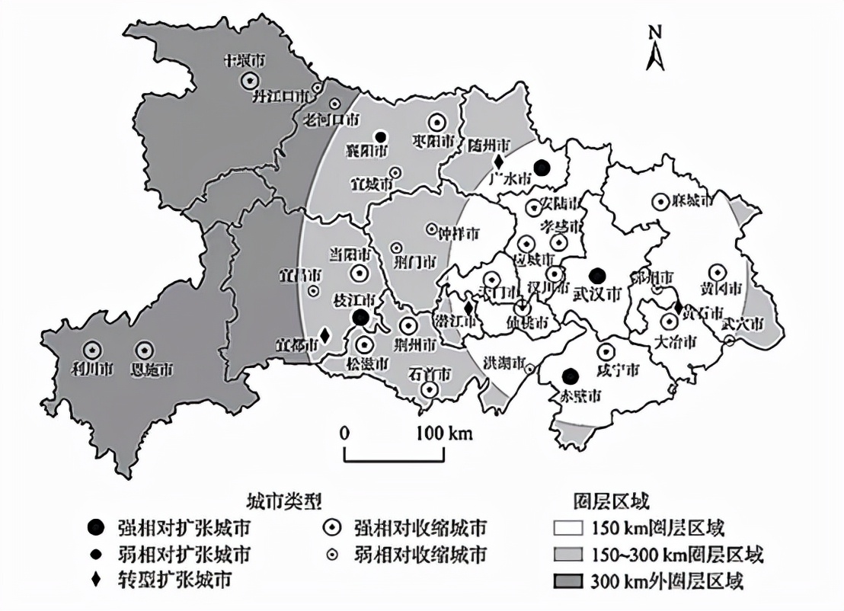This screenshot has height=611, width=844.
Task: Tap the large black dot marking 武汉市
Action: (598, 274)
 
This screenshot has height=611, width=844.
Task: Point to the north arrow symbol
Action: (654, 50)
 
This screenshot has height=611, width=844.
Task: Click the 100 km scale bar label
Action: (444, 433)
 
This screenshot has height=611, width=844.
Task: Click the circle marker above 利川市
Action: (92, 350)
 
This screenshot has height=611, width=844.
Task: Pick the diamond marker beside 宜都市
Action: (325, 335)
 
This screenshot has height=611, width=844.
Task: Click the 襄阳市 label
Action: (366, 151)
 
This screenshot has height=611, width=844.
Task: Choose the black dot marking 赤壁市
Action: (568, 375)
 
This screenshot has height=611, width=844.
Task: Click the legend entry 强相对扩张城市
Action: (183, 528)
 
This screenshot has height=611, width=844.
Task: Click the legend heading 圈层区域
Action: (610, 501)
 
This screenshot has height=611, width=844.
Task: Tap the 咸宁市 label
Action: (617, 370)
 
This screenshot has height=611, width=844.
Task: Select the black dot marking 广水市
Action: (542, 167)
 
